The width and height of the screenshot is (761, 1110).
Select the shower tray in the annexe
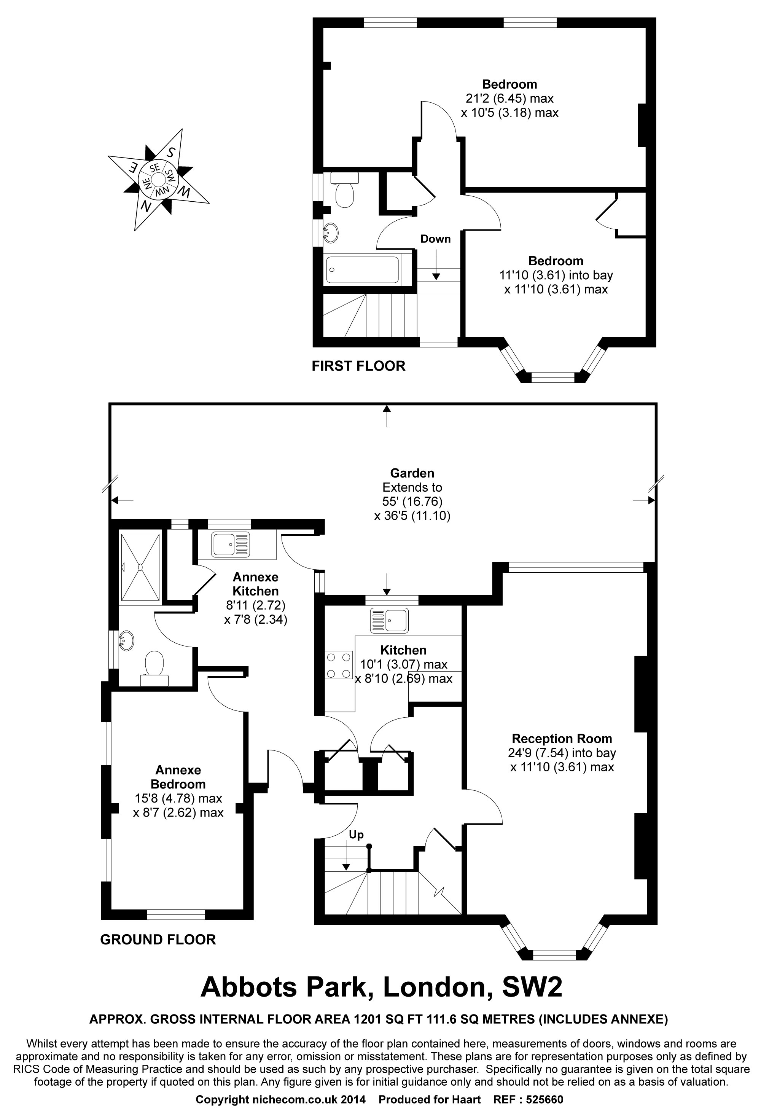[x=140, y=567]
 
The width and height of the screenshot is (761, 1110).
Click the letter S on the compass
[x=171, y=152]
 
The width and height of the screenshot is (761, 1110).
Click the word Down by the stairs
[x=435, y=239]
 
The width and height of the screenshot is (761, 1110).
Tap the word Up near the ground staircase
[x=356, y=834]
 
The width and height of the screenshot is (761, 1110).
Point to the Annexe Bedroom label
[x=178, y=777]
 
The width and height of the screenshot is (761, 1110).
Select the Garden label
[x=412, y=473]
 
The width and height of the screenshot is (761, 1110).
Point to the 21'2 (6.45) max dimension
[x=509, y=99]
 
